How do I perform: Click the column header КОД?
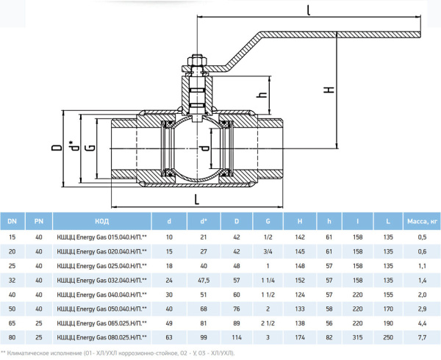click(x=103, y=220)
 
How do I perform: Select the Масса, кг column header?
click(x=422, y=220)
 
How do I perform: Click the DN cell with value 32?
click(x=12, y=279)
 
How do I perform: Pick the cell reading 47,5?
click(x=204, y=279)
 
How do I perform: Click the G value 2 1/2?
click(x=268, y=322)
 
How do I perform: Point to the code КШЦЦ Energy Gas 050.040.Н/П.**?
click(x=102, y=308)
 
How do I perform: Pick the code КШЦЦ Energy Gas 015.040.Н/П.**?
click(x=102, y=237)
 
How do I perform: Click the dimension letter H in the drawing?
click(x=330, y=90)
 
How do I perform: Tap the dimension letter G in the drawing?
click(x=89, y=148)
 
